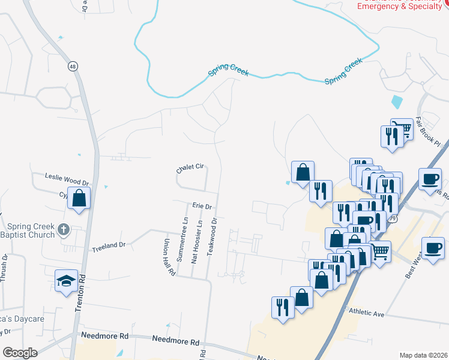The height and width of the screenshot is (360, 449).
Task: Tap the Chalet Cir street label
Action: click(x=191, y=168)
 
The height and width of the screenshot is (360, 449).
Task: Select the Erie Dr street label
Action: click(x=203, y=206)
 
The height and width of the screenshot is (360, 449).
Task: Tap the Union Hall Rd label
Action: click(x=169, y=258)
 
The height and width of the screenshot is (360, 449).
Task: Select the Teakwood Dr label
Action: click(x=211, y=237)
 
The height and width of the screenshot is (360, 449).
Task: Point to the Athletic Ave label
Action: click(x=366, y=314)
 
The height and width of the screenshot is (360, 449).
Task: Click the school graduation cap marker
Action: click(x=65, y=280)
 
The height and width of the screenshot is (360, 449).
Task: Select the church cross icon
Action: click(x=64, y=230)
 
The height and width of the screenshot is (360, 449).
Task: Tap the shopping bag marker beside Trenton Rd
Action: click(x=79, y=197)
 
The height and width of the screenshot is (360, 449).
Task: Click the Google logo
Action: click(x=20, y=353)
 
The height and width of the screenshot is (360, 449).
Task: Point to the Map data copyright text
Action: click(x=423, y=355)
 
